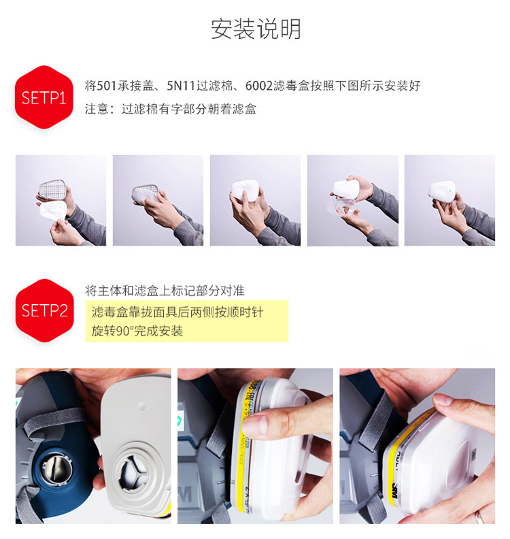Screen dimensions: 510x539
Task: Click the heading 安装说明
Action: (x=256, y=29)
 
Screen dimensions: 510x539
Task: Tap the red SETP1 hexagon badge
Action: (x=44, y=97)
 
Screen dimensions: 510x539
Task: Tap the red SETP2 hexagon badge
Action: (x=45, y=310)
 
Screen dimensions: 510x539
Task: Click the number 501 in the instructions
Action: (x=107, y=86)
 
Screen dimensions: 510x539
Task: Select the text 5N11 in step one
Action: (x=181, y=86)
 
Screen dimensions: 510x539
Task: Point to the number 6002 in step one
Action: (x=258, y=86)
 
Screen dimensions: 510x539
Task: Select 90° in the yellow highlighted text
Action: (x=124, y=331)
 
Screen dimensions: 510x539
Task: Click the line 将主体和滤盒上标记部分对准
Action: (x=165, y=291)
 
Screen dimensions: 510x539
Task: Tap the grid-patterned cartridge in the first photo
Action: (x=52, y=189)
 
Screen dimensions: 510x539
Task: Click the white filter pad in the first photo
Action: (x=53, y=211)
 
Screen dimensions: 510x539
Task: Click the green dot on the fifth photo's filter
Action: (x=449, y=191)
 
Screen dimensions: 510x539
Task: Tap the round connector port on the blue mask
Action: (x=56, y=468)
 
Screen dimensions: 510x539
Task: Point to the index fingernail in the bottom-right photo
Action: (x=444, y=399)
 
